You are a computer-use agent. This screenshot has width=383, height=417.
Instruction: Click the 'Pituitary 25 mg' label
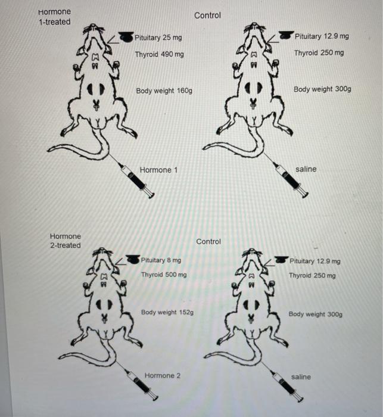click(158, 38)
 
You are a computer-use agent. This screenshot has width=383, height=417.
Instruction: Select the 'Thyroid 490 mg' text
click(159, 54)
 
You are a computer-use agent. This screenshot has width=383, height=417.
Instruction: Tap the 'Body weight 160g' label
click(164, 91)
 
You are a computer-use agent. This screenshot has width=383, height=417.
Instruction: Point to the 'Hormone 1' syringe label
click(158, 170)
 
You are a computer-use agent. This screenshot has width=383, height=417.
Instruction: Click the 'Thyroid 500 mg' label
click(163, 275)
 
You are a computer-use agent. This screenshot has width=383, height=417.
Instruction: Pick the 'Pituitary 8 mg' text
click(161, 260)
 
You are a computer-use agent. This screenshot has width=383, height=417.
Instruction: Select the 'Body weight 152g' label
click(167, 313)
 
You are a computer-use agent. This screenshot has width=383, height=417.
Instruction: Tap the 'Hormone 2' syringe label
click(163, 375)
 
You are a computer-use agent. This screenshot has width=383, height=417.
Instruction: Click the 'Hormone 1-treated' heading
click(54, 17)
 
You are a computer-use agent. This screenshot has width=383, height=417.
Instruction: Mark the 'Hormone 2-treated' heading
click(66, 241)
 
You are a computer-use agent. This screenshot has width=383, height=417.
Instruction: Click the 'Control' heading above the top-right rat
click(207, 15)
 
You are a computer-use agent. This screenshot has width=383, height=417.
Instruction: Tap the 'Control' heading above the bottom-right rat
click(208, 241)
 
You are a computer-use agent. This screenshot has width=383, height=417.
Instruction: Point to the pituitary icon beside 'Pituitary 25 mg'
click(126, 37)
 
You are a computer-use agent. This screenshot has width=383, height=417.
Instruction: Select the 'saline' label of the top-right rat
click(306, 169)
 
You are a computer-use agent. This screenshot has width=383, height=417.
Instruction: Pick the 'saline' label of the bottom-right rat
click(301, 376)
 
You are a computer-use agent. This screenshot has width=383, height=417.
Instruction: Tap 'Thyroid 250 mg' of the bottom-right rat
click(312, 276)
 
